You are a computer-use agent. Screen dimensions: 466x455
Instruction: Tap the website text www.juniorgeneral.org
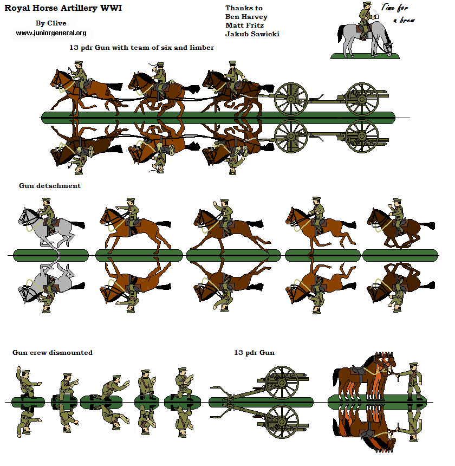[x=51, y=33]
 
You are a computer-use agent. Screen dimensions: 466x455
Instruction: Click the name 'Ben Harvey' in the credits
[x=246, y=17]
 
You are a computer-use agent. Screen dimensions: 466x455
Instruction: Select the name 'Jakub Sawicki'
[x=252, y=35]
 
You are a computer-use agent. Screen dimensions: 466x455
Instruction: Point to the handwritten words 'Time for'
[x=395, y=8]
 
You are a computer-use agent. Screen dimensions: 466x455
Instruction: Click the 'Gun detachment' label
[x=49, y=186]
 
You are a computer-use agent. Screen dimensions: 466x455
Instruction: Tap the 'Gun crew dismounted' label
[x=53, y=353]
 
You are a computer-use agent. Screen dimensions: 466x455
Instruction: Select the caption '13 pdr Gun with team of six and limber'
[x=141, y=48]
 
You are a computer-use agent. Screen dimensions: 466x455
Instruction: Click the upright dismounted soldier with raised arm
[x=25, y=384]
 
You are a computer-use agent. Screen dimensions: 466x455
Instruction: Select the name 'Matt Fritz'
[x=245, y=25]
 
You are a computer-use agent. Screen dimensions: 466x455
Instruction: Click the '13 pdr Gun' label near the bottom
[x=254, y=353]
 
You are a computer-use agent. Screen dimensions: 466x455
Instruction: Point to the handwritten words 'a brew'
[x=404, y=20]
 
